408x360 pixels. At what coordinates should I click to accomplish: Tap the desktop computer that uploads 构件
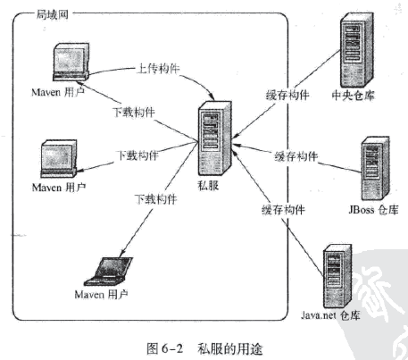coord(70,68)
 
